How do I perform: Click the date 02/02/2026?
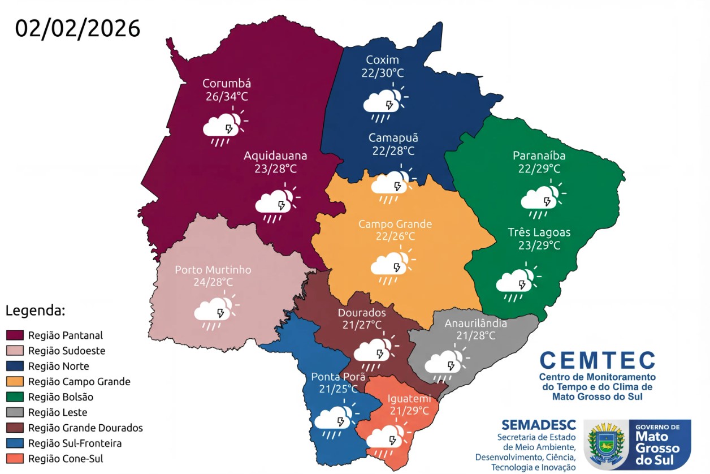[x=77, y=28]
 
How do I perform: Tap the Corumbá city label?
[x=226, y=83]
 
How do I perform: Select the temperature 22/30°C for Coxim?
[x=383, y=73]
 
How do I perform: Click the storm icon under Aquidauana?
[x=275, y=204]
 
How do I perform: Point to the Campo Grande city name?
[x=395, y=224]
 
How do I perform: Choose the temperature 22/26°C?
[x=395, y=236]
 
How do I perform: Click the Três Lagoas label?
[x=539, y=232]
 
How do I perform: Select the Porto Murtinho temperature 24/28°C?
[x=213, y=282]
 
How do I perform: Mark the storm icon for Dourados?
[x=373, y=351]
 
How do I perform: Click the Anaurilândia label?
[x=475, y=323]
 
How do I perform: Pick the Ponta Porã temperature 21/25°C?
[x=338, y=389]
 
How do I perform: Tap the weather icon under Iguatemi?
[x=386, y=437]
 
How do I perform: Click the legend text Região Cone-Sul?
[x=66, y=459]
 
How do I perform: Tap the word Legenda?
[x=36, y=311]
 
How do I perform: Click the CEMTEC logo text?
[x=597, y=360]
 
